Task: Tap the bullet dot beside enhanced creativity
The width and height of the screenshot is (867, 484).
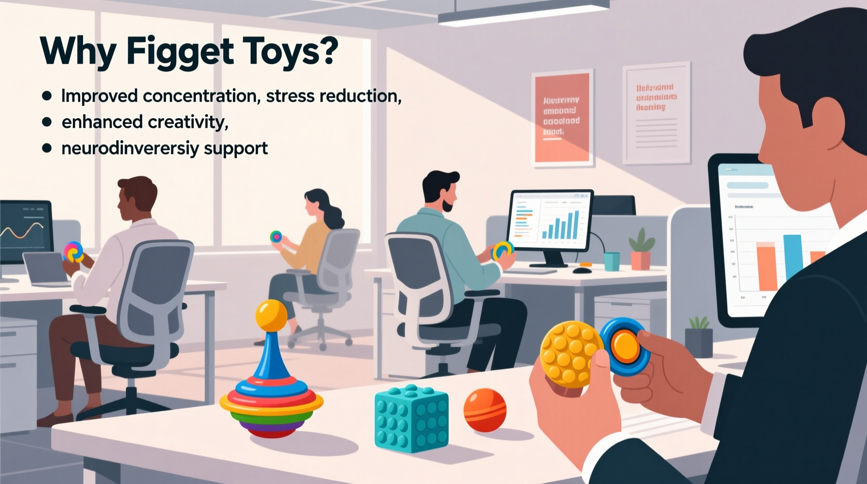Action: [x=47, y=122]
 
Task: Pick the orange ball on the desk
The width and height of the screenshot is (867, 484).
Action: [x=485, y=410]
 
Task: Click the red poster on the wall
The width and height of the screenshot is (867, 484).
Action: [x=562, y=118]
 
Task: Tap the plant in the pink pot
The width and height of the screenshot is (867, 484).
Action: [x=641, y=251]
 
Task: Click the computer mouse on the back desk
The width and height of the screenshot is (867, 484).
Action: [x=582, y=270]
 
